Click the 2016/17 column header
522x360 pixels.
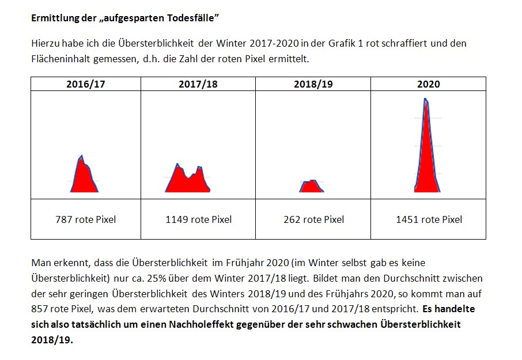(85, 84)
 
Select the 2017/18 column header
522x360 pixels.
(198, 84)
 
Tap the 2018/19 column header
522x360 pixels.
(313, 84)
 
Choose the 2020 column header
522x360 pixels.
(428, 84)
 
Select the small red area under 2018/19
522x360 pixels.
(311, 186)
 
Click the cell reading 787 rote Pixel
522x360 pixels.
(85, 219)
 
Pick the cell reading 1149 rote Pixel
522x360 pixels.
(198, 219)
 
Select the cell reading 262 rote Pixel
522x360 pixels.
(313, 219)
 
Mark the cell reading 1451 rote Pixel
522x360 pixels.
(429, 219)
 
